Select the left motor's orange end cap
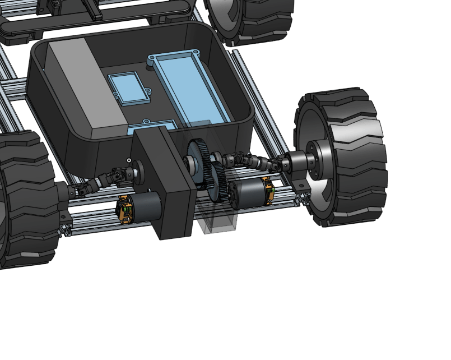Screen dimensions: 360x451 coord(124,209)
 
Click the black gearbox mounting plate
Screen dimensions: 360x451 coord(168,185)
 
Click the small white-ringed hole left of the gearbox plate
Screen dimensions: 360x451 coord(128,161)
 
